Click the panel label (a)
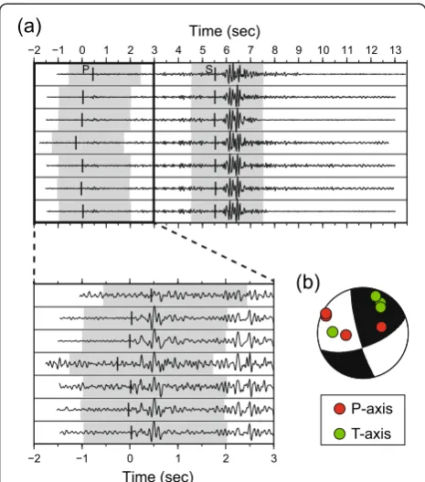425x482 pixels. pos(29,27)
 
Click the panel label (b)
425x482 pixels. pos(308,283)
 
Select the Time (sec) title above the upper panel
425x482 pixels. pos(225,31)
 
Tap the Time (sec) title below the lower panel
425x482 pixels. pos(158,476)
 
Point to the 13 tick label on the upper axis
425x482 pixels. pos(396,50)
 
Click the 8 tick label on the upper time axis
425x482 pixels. pos(274,50)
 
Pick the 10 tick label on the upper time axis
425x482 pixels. pos(323,50)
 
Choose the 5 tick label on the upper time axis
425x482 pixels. pos(202,50)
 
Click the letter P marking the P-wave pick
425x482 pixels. pos(86,70)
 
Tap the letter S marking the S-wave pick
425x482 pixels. pos(209,70)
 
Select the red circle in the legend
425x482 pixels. pos(340,409)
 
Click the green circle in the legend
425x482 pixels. pos(340,434)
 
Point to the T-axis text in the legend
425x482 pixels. pos(371,434)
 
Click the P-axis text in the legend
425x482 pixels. pos(372,409)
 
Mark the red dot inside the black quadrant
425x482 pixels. pos(381,327)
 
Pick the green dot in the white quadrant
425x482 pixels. pos(333,332)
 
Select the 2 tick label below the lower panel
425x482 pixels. pos(226,458)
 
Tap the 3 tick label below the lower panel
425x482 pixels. pos(273,458)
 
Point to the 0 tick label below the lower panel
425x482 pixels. pos(130,458)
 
